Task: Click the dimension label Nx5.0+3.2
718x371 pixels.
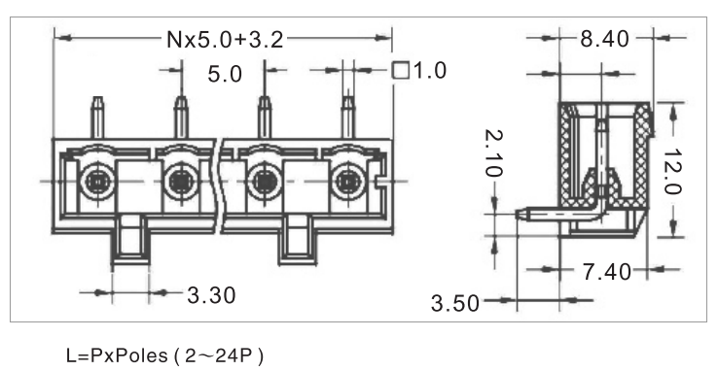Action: (225, 40)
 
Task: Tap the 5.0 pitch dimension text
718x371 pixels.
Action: (225, 74)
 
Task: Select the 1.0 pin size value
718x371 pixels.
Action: (429, 71)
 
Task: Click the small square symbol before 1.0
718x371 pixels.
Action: (401, 70)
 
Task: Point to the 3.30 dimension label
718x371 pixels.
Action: (211, 295)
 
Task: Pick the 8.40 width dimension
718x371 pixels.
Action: (604, 39)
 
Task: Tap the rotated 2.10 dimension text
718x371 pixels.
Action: (493, 153)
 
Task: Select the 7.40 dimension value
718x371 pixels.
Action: (607, 272)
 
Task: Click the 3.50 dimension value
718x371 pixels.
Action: (454, 303)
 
